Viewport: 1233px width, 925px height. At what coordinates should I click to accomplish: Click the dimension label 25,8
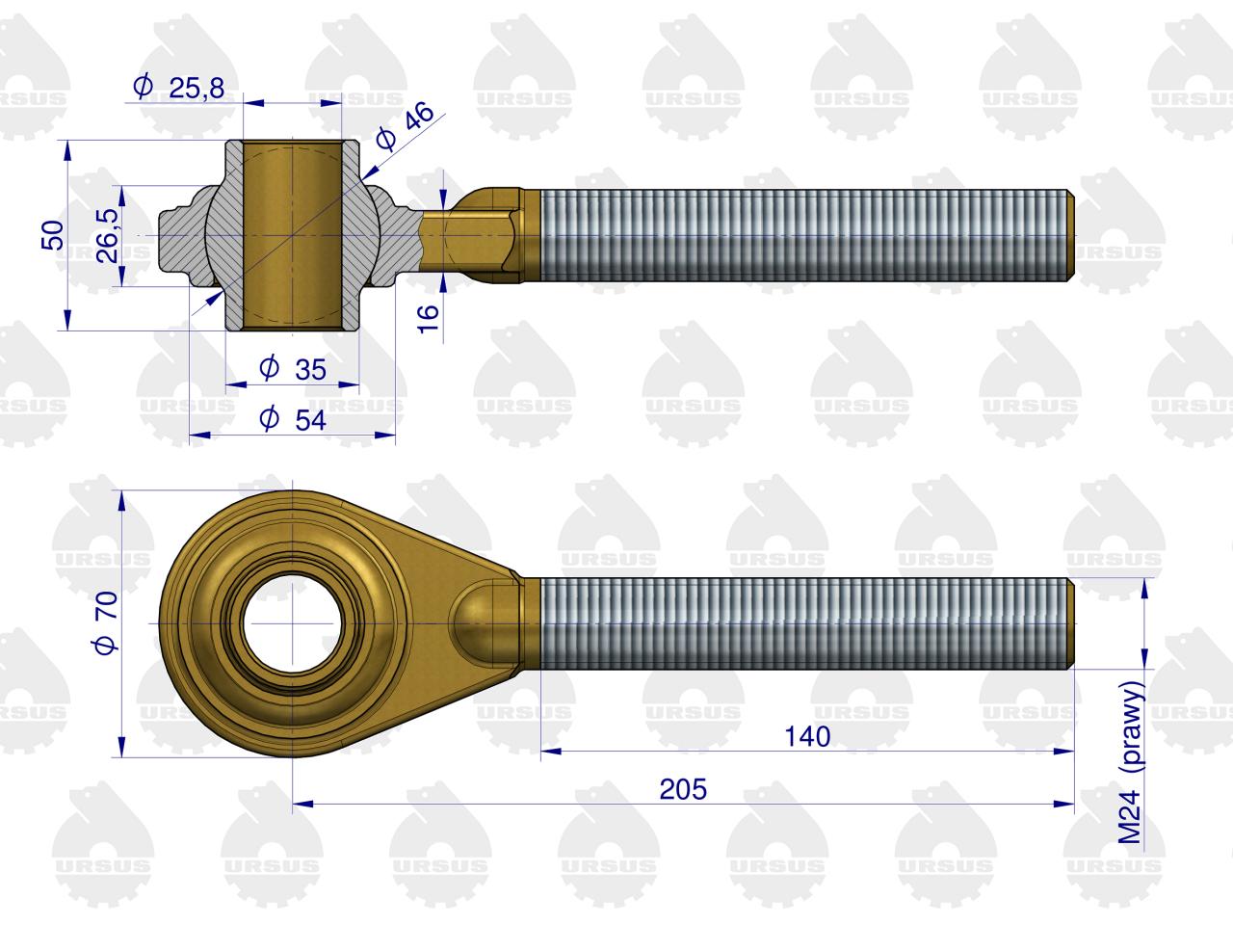coord(178,88)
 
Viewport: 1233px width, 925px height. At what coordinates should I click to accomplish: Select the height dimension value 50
coord(52,235)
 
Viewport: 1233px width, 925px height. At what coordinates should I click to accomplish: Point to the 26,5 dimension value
coord(107,236)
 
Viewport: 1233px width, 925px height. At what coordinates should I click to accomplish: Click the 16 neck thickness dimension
coord(428,318)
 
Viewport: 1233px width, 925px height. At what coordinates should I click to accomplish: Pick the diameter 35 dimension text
coord(293,369)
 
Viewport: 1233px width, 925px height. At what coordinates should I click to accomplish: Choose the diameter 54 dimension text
coord(293,419)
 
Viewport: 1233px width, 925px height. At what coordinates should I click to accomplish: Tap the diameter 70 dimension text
coord(106,622)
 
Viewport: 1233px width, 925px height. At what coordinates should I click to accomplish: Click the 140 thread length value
coord(806,736)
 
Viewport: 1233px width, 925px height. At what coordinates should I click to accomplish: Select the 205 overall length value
coord(683,789)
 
